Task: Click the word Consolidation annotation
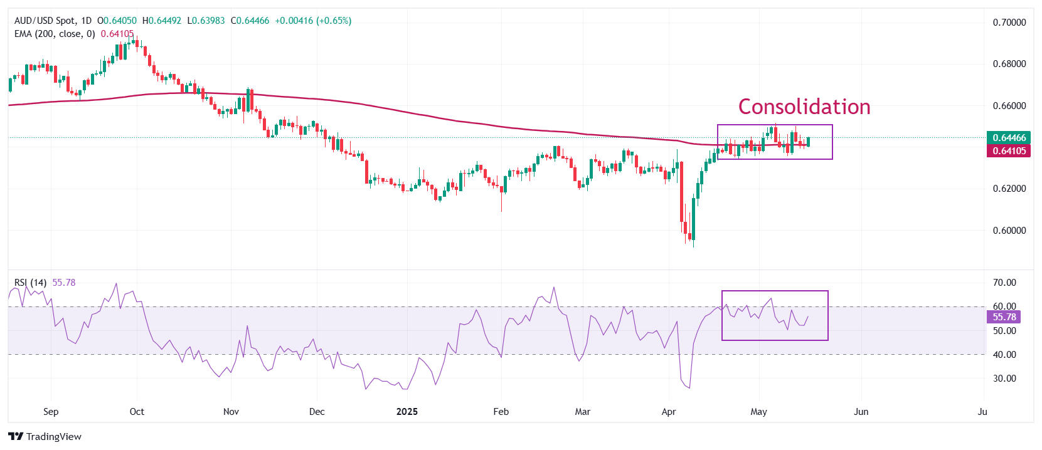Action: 804,107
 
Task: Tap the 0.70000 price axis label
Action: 1009,23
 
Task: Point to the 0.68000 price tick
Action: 1009,64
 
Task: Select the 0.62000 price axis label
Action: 1009,189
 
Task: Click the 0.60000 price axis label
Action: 1009,231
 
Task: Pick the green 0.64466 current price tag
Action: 1009,138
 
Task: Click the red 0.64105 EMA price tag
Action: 1009,151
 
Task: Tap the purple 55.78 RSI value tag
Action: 1004,317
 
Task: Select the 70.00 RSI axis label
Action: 1004,283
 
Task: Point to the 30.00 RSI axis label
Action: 1004,379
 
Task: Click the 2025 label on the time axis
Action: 407,412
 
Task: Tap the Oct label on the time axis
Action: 137,412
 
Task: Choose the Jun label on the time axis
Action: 861,412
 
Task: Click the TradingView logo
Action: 45,437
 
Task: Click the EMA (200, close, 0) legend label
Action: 55,34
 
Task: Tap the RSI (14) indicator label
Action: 30,283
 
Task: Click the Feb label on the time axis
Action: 501,412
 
